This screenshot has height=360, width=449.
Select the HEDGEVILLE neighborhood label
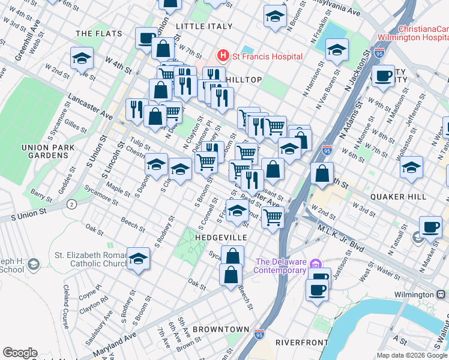[x=221, y=238]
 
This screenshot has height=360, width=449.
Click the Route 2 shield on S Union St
[x=72, y=205]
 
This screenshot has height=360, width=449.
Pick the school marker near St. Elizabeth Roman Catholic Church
[x=138, y=259]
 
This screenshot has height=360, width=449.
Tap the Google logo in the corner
[x=20, y=353]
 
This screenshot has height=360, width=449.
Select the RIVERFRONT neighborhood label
[x=301, y=343]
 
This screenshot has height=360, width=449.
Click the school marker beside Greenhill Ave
[x=82, y=58]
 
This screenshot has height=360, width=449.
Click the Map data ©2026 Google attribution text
[x=411, y=355]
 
